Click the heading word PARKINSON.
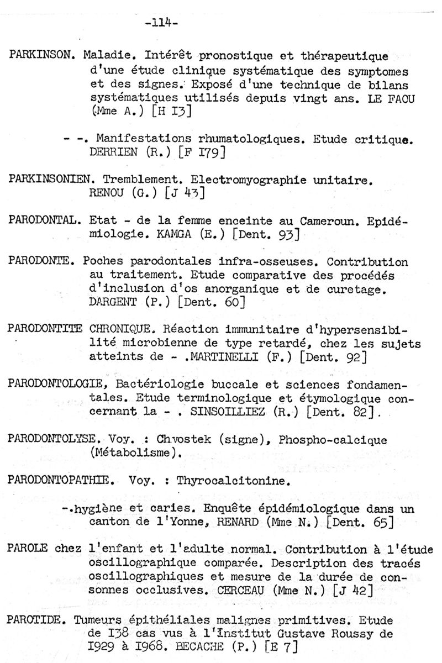pos(43,56)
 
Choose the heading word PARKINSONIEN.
pos(48,180)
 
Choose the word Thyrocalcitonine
pos(233,481)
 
